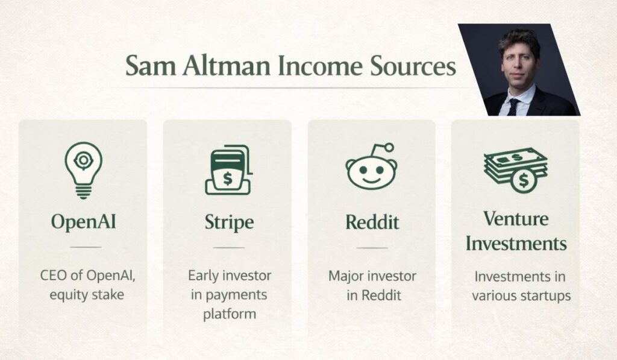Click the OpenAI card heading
pyautogui.click(x=83, y=222)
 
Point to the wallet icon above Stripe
pyautogui.click(x=228, y=170)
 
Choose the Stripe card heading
pyautogui.click(x=228, y=223)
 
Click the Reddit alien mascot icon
pyautogui.click(x=371, y=169)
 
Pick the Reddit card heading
pyautogui.click(x=372, y=222)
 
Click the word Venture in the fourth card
pyautogui.click(x=515, y=218)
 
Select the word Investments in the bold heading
pyautogui.click(x=516, y=244)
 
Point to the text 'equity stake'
pyautogui.click(x=83, y=295)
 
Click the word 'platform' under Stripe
pyautogui.click(x=229, y=314)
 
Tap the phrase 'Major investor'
pyautogui.click(x=372, y=276)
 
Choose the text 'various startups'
pyautogui.click(x=521, y=295)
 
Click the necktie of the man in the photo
pyautogui.click(x=513, y=106)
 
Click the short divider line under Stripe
pyautogui.click(x=228, y=247)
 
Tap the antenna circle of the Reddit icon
pyautogui.click(x=389, y=147)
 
